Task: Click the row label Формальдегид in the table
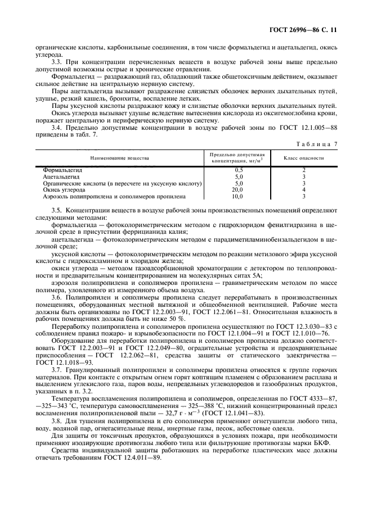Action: click(x=62, y=169)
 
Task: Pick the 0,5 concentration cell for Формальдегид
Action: click(x=239, y=169)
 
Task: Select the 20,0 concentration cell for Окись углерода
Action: click(x=239, y=190)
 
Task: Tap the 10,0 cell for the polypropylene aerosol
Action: click(x=239, y=197)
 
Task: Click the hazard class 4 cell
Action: click(x=303, y=190)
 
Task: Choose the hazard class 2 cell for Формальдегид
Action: click(x=303, y=169)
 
